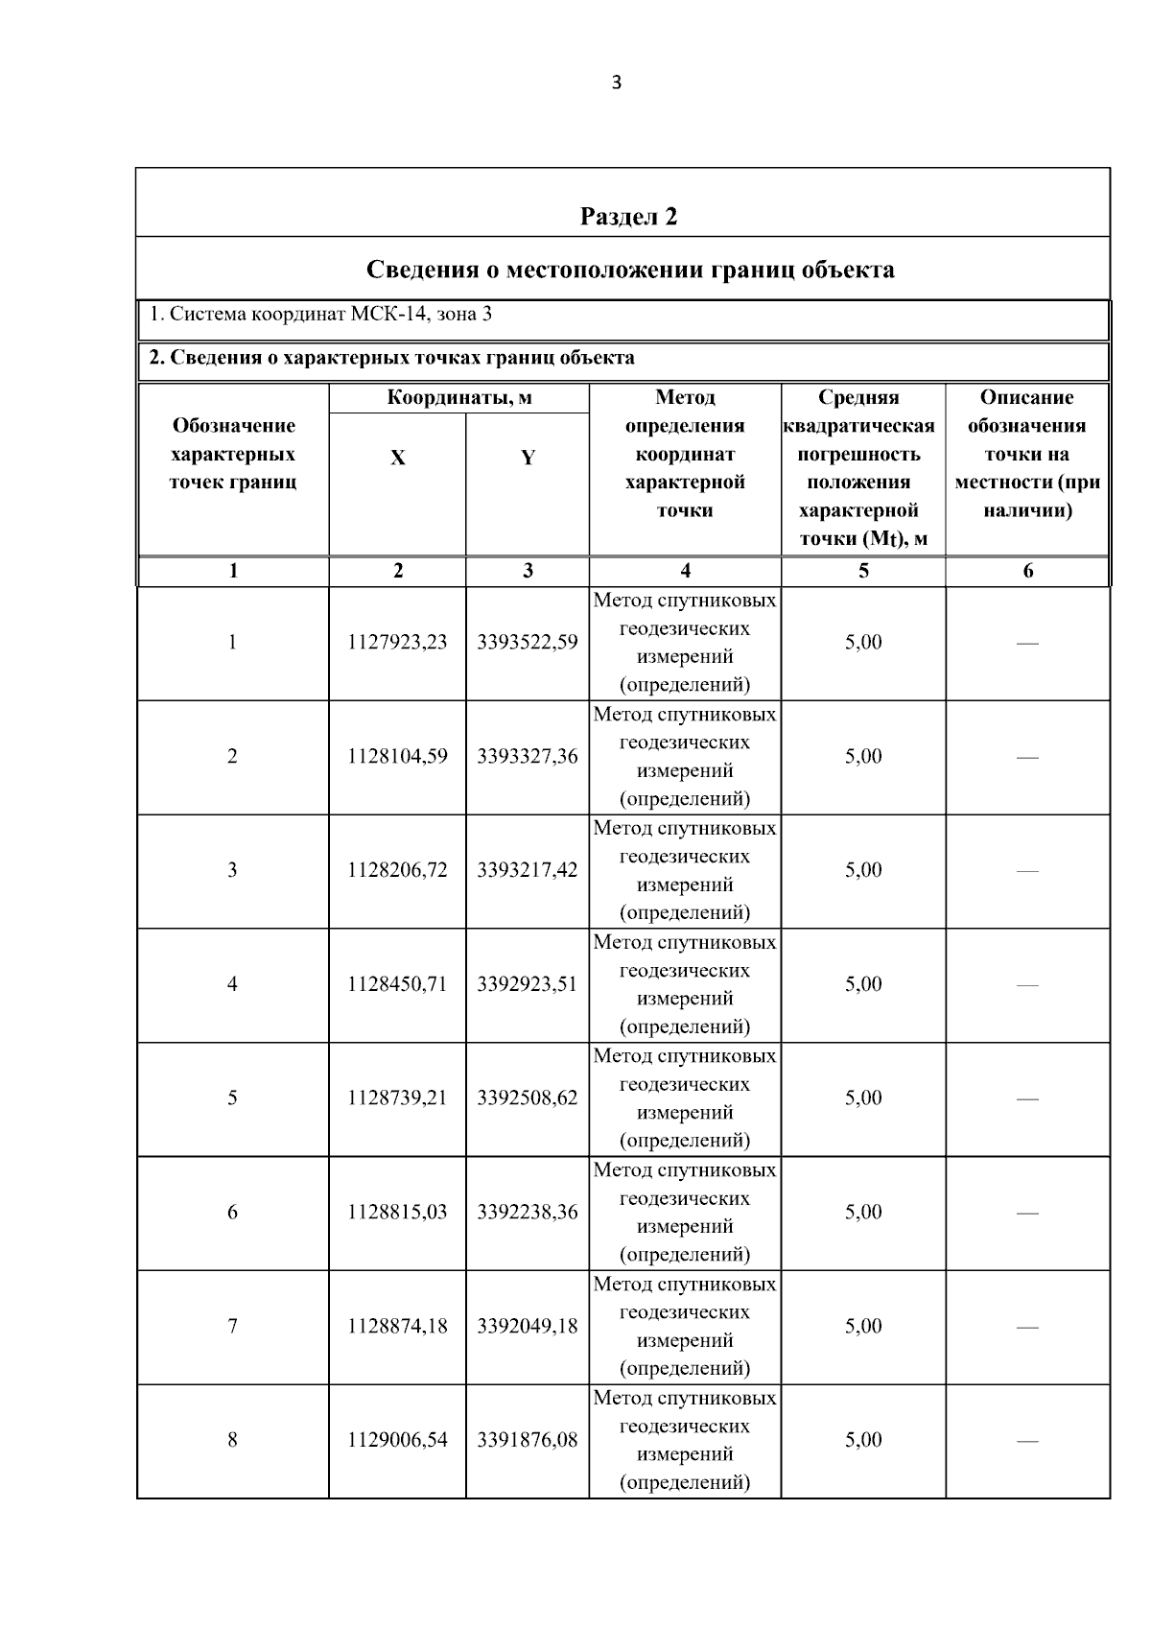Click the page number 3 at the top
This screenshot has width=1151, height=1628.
pyautogui.click(x=616, y=83)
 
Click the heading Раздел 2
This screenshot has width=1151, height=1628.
pyautogui.click(x=628, y=217)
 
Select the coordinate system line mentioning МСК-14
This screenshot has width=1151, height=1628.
pyautogui.click(x=321, y=314)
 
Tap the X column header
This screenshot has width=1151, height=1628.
pyautogui.click(x=397, y=459)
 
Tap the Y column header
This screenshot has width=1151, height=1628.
pyautogui.click(x=528, y=459)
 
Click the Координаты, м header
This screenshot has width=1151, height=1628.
pyautogui.click(x=458, y=398)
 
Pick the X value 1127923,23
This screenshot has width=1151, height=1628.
pyautogui.click(x=397, y=643)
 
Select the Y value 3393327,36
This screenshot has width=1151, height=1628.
pyautogui.click(x=528, y=757)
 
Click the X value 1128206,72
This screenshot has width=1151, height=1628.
pyautogui.click(x=397, y=870)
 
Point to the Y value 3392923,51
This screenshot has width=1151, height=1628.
pyautogui.click(x=528, y=984)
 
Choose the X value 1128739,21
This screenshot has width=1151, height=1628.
pyautogui.click(x=397, y=1098)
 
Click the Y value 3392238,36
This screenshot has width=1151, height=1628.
pyautogui.click(x=528, y=1213)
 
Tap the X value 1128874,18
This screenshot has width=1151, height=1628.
pyautogui.click(x=397, y=1327)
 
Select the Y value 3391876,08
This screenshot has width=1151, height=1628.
pyautogui.click(x=528, y=1440)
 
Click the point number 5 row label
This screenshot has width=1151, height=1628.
pyautogui.click(x=232, y=1098)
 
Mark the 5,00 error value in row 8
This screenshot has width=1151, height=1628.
pyautogui.click(x=863, y=1440)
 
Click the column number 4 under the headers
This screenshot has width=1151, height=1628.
pyautogui.click(x=685, y=572)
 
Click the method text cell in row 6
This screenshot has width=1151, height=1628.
pyautogui.click(x=685, y=1213)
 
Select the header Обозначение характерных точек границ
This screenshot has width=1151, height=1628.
pyautogui.click(x=233, y=454)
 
